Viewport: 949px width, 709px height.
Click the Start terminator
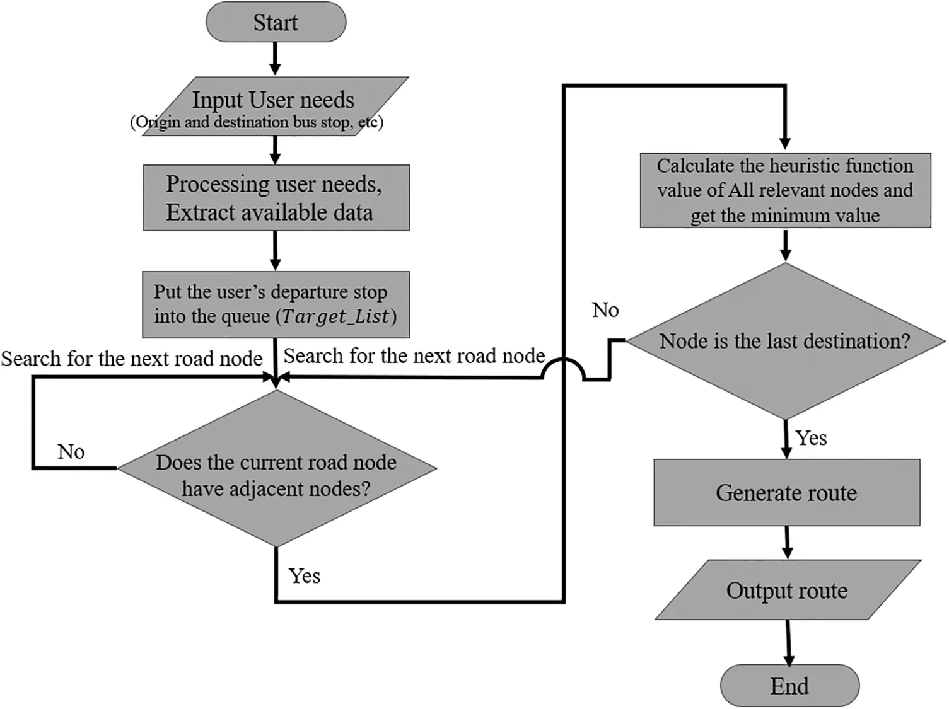coord(276,23)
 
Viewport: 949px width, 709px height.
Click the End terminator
coord(789,686)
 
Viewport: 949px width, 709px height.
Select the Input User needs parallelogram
coord(273,106)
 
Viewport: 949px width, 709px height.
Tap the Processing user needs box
coord(276,198)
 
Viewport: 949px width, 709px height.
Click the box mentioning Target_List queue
coord(276,304)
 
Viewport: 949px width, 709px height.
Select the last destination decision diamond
coord(785,341)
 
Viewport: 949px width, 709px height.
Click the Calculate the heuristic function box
coord(785,190)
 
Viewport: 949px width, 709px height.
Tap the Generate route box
coord(786,493)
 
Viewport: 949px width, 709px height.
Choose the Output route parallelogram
coord(787,591)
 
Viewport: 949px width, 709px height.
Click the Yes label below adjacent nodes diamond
coord(305,575)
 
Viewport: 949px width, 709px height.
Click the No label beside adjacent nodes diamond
coord(71,451)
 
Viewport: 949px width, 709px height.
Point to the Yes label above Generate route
coord(811,437)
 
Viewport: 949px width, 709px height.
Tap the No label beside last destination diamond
coord(605,309)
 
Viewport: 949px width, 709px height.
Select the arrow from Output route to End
coord(788,642)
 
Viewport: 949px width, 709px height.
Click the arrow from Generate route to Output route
coord(787,543)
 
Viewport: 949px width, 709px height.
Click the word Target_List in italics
coord(337,316)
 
